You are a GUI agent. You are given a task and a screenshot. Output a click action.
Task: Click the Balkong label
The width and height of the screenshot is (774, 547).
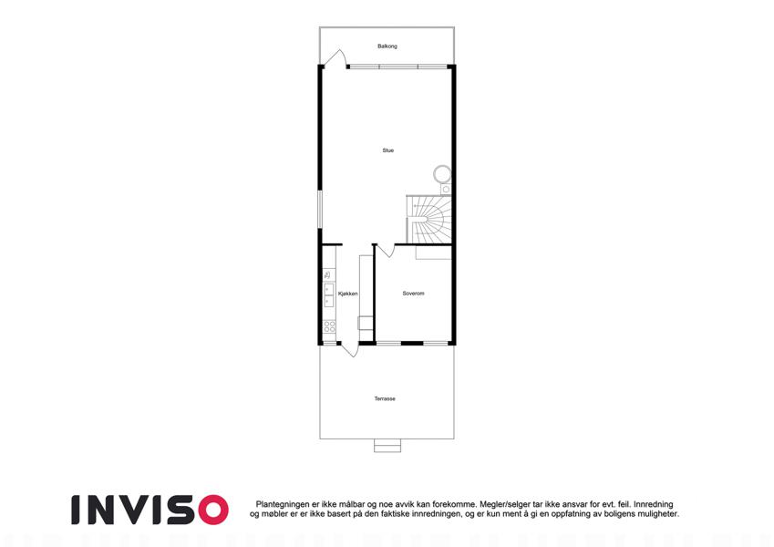tap(387, 46)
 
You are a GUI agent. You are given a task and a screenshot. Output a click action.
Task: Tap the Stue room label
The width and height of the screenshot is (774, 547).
tap(388, 150)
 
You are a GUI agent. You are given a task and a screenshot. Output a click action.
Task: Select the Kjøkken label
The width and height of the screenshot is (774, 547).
tap(348, 294)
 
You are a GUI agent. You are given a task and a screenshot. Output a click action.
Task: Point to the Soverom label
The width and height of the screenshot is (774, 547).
tap(413, 294)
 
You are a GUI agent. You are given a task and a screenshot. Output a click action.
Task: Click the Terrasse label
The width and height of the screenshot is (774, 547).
tap(385, 399)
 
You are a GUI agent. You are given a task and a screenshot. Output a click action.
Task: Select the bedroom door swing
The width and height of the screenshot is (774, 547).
tap(387, 251)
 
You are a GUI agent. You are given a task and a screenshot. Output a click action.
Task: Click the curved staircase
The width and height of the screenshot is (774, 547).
tap(428, 220)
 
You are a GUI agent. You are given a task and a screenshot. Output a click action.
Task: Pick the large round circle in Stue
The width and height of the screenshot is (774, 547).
tap(442, 174)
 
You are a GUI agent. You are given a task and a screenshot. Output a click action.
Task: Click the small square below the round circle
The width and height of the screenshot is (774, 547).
tap(446, 190)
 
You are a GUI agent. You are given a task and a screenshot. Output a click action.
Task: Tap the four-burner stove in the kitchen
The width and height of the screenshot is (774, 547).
tap(329, 325)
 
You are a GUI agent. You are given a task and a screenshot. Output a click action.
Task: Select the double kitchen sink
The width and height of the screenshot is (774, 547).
tap(329, 294)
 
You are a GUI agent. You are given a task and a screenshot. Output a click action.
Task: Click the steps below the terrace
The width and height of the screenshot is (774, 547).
tap(387, 445)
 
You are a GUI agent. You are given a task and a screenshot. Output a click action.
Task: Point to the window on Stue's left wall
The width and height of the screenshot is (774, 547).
tap(320, 210)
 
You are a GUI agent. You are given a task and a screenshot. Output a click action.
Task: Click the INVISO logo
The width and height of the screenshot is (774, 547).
tap(150, 510)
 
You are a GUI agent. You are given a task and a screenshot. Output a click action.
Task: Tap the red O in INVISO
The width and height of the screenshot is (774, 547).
tap(213, 510)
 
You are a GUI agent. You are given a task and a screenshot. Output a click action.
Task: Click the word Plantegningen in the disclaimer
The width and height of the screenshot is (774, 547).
tap(283, 504)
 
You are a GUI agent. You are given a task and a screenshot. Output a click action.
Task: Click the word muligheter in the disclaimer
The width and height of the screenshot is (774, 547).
tap(657, 514)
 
